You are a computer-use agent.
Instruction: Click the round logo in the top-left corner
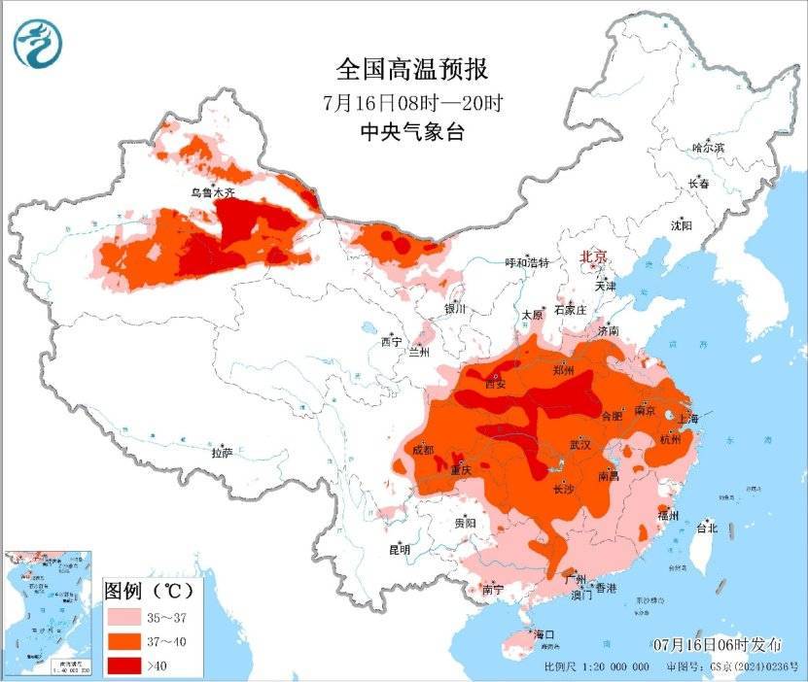[x=36, y=43]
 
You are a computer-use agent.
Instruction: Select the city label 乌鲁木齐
[x=212, y=193]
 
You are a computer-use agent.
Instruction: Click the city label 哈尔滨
[x=708, y=148]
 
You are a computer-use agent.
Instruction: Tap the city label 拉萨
[x=223, y=452]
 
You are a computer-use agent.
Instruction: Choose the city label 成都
[x=423, y=450]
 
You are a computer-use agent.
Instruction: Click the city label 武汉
[x=580, y=444]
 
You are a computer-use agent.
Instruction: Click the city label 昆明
[x=400, y=550]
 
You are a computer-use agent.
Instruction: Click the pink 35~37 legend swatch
[x=124, y=617]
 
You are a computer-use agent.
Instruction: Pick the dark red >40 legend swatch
[x=124, y=665]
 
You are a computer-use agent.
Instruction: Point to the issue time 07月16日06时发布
[x=718, y=645]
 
